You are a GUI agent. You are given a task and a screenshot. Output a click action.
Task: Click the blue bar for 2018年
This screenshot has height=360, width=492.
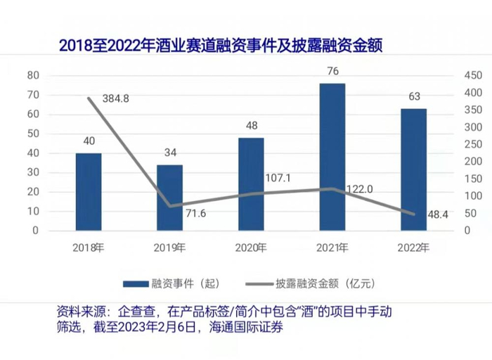pyautogui.click(x=89, y=192)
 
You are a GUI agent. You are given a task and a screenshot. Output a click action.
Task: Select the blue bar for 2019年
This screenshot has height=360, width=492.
pyautogui.click(x=169, y=198)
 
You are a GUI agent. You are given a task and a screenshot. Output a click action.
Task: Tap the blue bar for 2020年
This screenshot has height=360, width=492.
pyautogui.click(x=251, y=184)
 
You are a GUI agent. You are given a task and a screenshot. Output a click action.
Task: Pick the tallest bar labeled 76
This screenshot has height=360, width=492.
pyautogui.click(x=332, y=157)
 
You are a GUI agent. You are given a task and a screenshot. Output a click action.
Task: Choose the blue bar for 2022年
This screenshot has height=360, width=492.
pyautogui.click(x=413, y=169)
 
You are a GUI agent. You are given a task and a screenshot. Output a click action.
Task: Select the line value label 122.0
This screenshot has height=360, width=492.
pyautogui.click(x=358, y=188)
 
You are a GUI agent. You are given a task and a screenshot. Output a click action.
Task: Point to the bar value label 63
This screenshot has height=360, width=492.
pyautogui.click(x=413, y=97)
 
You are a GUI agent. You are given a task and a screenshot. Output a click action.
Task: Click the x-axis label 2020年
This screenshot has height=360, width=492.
pyautogui.click(x=251, y=247)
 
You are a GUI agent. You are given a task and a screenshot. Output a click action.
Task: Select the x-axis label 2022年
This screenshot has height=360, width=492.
pyautogui.click(x=413, y=247)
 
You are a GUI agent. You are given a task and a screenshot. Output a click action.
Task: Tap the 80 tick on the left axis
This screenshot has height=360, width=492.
pyautogui.click(x=32, y=75)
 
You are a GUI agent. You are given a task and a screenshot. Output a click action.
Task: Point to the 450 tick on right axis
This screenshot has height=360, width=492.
pyautogui.click(x=471, y=75)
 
